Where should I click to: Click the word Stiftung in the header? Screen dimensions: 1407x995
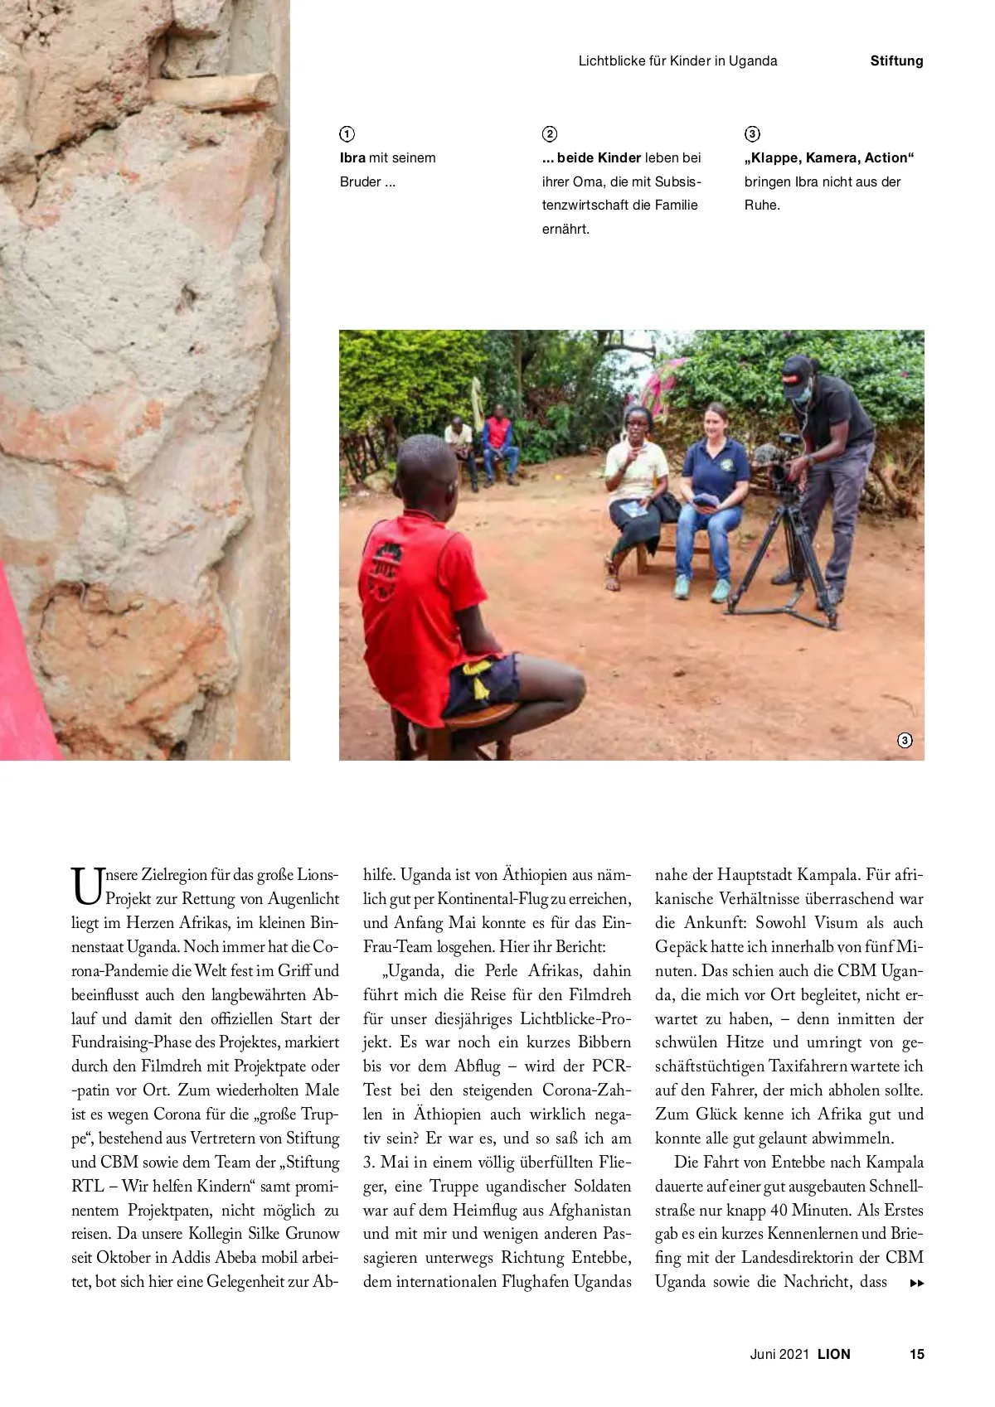coord(896,60)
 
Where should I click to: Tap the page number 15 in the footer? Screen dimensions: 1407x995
coord(916,1354)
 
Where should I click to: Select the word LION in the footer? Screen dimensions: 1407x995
coord(833,1354)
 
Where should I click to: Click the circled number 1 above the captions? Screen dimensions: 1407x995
coord(347,134)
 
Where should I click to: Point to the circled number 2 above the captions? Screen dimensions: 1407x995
coord(550,134)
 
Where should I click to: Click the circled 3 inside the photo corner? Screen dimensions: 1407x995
coord(905,740)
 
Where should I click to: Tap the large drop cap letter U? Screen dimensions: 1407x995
coord(86,886)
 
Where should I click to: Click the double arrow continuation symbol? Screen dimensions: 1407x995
coord(916,1284)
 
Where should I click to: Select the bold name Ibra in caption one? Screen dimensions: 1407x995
coord(352,157)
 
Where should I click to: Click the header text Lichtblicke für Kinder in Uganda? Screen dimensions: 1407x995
coord(677,60)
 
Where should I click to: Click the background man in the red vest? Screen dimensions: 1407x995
coord(498,439)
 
